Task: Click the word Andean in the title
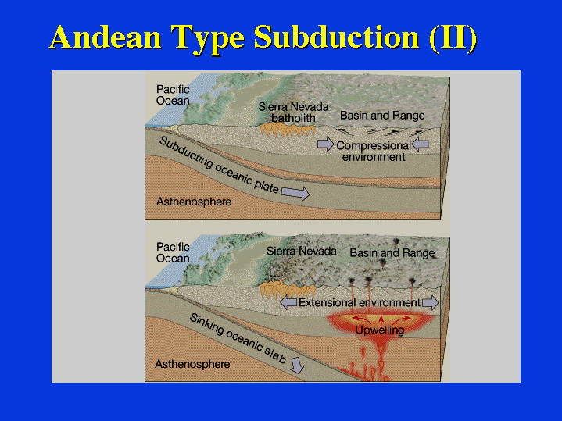tap(105, 37)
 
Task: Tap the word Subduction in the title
tap(336, 37)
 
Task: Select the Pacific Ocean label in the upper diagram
tap(173, 95)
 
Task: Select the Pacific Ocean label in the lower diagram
tap(173, 252)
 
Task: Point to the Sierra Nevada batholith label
tap(293, 112)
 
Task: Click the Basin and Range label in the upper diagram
tap(382, 116)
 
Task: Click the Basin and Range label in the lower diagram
tap(392, 253)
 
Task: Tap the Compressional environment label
tap(374, 152)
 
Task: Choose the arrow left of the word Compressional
tap(326, 144)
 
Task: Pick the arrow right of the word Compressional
tap(421, 144)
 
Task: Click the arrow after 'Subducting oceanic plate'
tap(295, 193)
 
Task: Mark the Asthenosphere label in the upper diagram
tap(194, 202)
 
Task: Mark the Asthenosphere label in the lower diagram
tap(192, 365)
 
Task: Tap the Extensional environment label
tap(360, 303)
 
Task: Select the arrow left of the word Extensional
tap(288, 303)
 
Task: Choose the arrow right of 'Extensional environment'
tap(430, 303)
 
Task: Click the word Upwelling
tap(380, 330)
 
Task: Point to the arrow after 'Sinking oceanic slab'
tap(297, 366)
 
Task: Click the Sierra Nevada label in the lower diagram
tap(302, 251)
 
